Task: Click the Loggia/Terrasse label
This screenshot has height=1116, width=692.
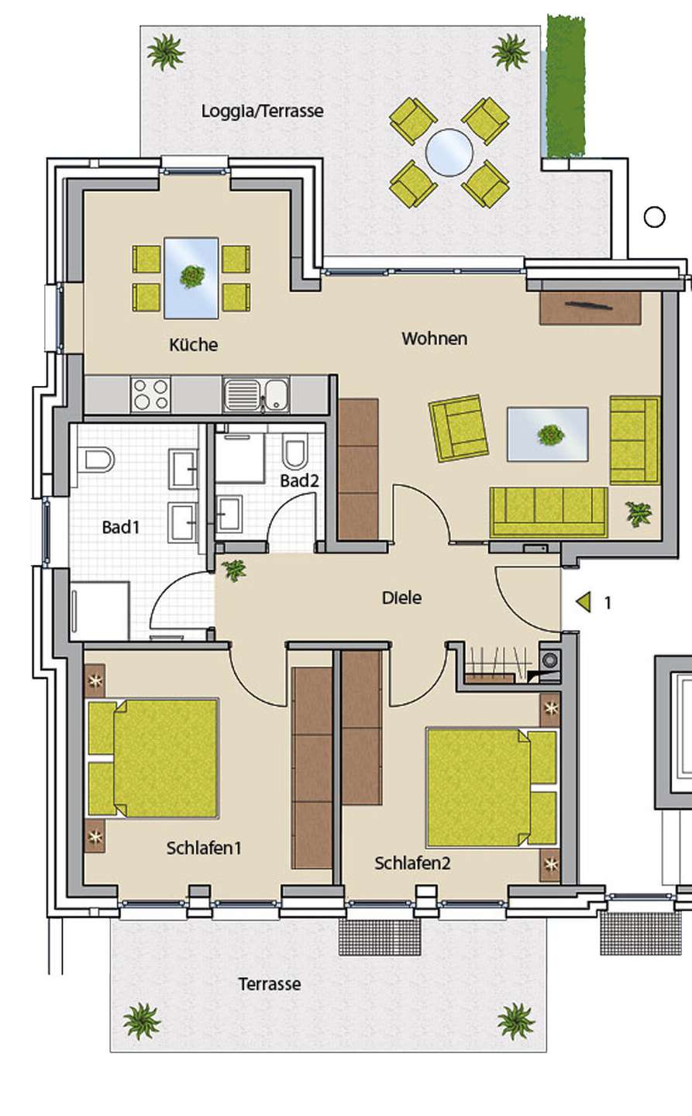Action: pyautogui.click(x=263, y=111)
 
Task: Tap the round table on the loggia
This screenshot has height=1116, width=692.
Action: pyautogui.click(x=449, y=153)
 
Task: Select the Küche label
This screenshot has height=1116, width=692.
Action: pyautogui.click(x=193, y=344)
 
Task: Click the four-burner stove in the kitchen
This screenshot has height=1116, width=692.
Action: pyautogui.click(x=150, y=394)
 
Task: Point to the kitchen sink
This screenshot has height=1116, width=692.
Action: pyautogui.click(x=256, y=394)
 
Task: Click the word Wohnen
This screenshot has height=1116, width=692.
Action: pyautogui.click(x=435, y=339)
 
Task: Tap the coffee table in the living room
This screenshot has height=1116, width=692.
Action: pyautogui.click(x=548, y=434)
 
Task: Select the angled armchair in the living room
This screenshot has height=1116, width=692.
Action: pyautogui.click(x=458, y=429)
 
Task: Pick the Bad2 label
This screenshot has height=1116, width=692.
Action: pyautogui.click(x=299, y=480)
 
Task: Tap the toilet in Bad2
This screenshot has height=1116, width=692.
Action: pyautogui.click(x=295, y=451)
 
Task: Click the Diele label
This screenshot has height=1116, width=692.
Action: pyautogui.click(x=401, y=598)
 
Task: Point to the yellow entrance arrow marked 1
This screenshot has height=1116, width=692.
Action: pyautogui.click(x=584, y=602)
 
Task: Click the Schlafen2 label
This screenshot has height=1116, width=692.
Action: pyautogui.click(x=412, y=863)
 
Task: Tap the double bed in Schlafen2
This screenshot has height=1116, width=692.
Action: pyautogui.click(x=491, y=787)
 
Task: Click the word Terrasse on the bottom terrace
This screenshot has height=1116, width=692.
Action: pyautogui.click(x=270, y=984)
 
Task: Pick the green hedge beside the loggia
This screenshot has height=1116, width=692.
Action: pyautogui.click(x=566, y=86)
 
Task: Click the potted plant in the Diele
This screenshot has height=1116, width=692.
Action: pyautogui.click(x=234, y=569)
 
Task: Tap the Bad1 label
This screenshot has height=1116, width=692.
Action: pyautogui.click(x=121, y=527)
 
